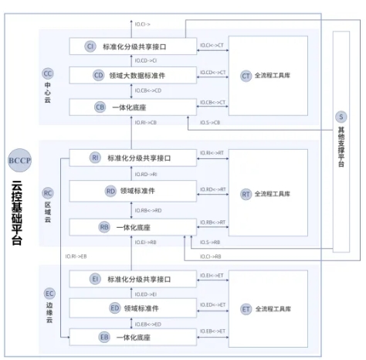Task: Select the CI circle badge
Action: [90, 47]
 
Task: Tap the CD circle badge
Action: [99, 75]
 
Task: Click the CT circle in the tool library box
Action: [246, 76]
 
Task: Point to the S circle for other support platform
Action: [341, 117]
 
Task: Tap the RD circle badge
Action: [110, 190]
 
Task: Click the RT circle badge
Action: [246, 192]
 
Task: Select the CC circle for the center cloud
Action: [48, 73]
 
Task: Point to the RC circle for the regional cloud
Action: [48, 192]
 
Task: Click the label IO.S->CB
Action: [210, 123]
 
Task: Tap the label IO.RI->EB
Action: [76, 255]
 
